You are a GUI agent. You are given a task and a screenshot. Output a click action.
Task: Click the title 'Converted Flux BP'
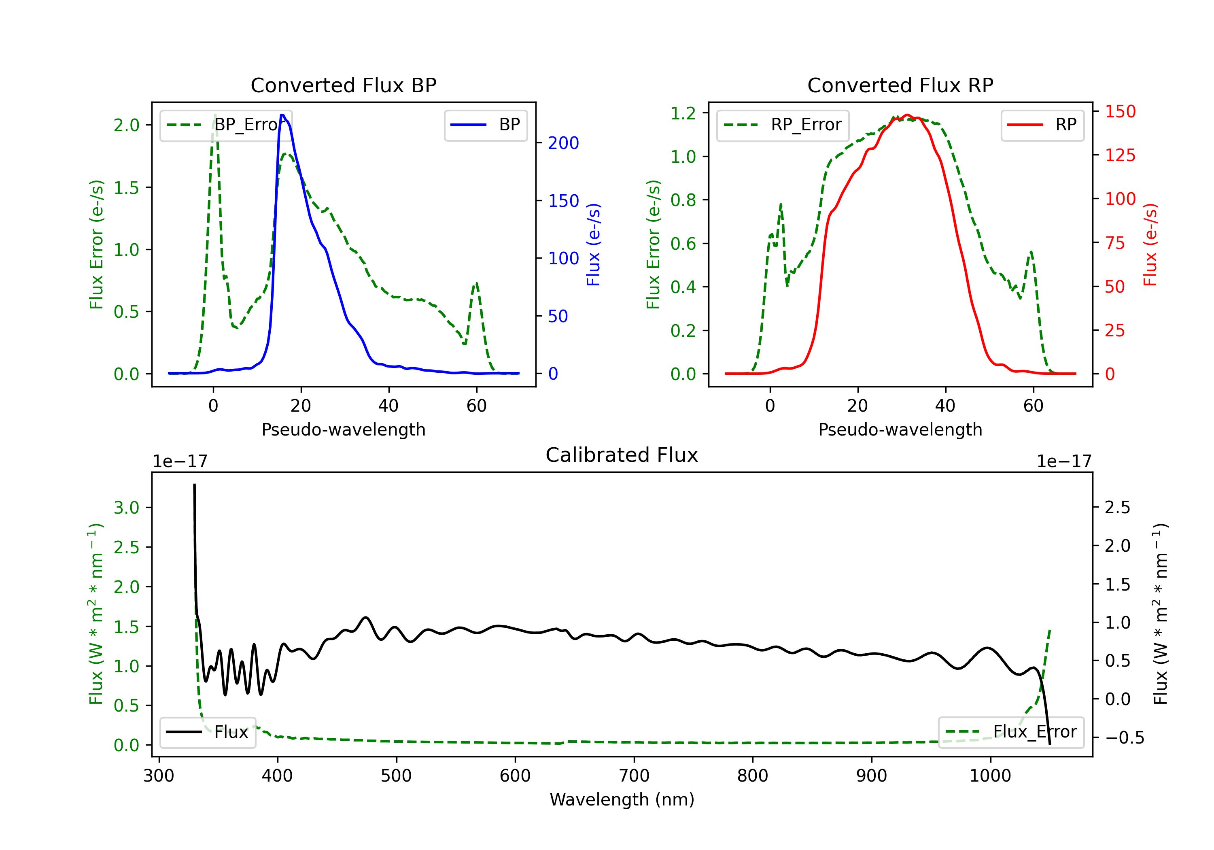(x=343, y=85)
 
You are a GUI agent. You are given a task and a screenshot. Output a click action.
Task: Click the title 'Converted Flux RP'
(x=900, y=85)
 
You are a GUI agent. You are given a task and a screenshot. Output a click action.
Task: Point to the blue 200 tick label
(x=563, y=143)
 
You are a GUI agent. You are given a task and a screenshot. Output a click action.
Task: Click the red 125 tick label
(x=1120, y=155)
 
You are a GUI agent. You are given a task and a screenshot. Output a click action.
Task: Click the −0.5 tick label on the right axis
(x=1124, y=738)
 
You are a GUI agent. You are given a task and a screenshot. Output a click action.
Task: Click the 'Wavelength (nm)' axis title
(x=622, y=799)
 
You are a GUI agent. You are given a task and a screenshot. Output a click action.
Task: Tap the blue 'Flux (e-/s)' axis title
(x=593, y=245)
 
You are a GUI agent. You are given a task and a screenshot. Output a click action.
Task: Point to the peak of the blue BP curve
(x=282, y=115)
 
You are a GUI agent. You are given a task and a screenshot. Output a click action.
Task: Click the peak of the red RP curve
(x=907, y=115)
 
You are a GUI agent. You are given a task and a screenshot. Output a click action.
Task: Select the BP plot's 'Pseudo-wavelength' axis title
(x=343, y=429)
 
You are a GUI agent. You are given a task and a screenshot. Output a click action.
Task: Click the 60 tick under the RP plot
(x=1033, y=406)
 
